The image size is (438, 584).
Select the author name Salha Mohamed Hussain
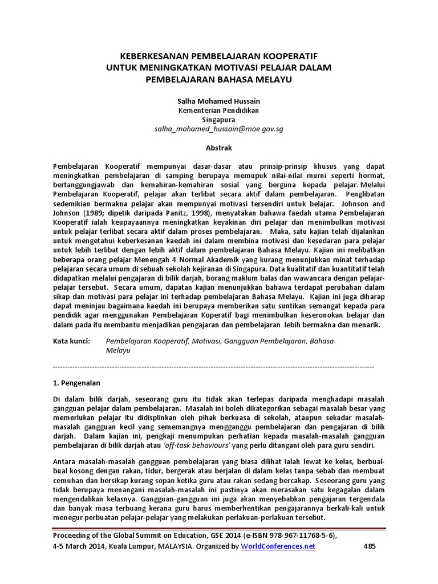tap(219, 100)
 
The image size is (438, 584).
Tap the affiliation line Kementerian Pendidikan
tap(219, 109)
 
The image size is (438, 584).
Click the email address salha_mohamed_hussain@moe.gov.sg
tap(219, 129)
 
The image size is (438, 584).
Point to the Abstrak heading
tap(219, 148)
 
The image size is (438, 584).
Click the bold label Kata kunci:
tap(71, 340)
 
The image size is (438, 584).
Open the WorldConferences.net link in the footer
tap(278, 546)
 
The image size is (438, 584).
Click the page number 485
tap(370, 546)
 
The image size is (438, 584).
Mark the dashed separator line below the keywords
tap(213, 365)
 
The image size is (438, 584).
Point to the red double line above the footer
tap(219, 528)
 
